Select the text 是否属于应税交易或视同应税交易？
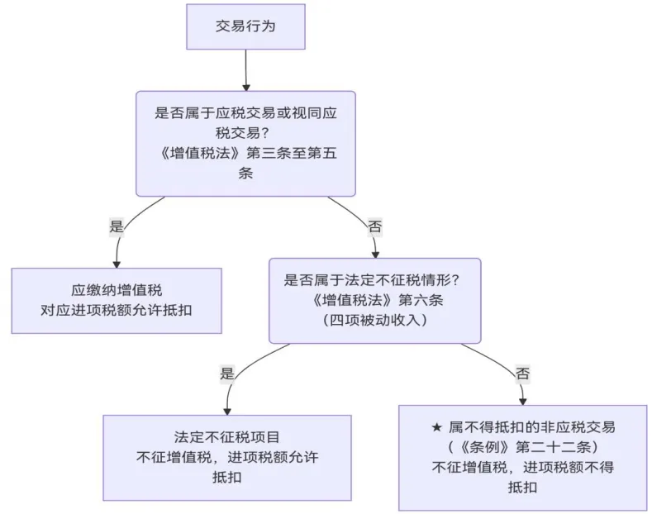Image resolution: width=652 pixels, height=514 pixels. point(245,121)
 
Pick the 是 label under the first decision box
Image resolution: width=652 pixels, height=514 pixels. point(117,225)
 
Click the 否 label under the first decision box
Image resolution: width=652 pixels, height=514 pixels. point(374,225)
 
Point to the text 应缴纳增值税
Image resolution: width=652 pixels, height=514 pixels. point(117,291)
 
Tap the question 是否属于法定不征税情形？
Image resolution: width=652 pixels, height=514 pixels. point(374,279)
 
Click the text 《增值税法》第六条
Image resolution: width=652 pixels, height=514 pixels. point(374,299)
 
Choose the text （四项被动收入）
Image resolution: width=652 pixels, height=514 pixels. point(374,320)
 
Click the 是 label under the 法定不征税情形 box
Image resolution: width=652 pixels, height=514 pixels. point(227,373)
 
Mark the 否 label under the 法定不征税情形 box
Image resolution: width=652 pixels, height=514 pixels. point(522,373)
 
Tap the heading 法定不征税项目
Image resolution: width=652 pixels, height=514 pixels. point(227,437)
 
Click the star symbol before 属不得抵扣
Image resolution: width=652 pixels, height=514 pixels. point(437,427)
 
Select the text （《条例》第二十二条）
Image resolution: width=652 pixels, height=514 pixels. point(522,447)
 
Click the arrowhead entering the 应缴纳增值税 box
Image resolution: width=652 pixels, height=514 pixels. point(117,262)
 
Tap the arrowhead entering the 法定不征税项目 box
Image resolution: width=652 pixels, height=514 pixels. point(227,409)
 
